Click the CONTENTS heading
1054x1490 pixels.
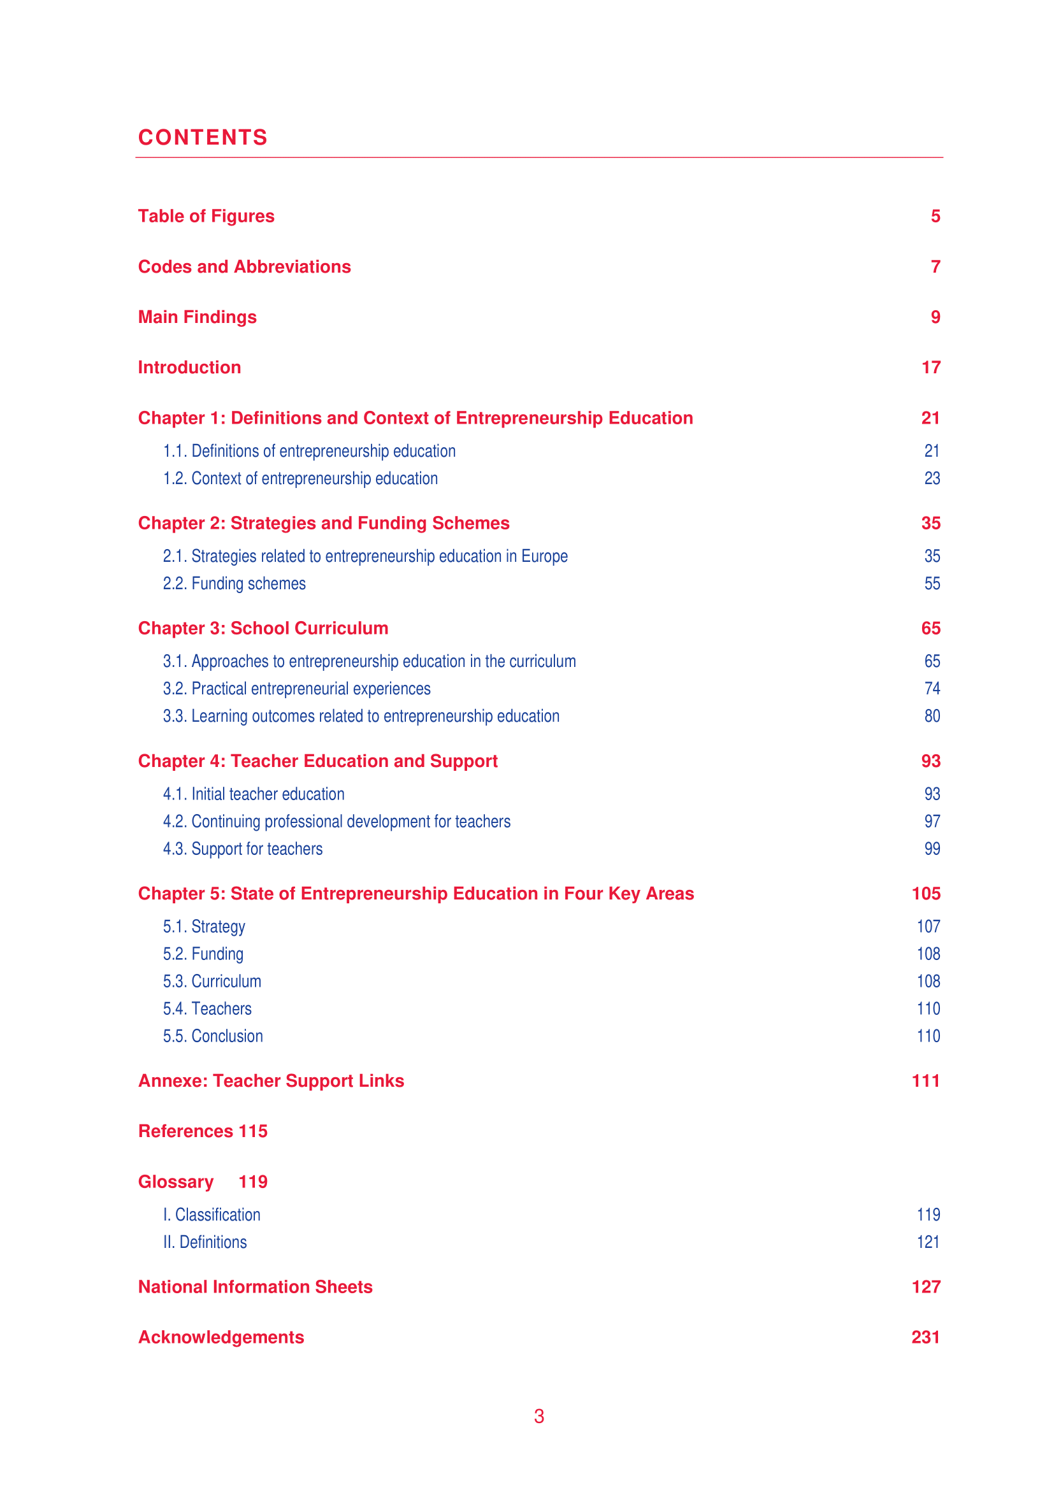(203, 138)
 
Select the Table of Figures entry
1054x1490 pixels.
(206, 216)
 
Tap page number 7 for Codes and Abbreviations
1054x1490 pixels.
(935, 267)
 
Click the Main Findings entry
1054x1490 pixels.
(198, 317)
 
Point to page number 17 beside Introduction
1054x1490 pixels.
(930, 368)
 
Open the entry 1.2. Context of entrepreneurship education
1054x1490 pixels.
(300, 478)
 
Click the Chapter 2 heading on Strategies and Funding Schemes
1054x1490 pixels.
(323, 523)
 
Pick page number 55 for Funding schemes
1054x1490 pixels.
(932, 584)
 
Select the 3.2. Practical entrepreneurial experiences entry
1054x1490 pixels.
(296, 689)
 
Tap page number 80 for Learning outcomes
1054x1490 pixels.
(932, 716)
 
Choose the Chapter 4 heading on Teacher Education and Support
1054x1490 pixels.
(317, 761)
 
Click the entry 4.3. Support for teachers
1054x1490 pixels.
(243, 849)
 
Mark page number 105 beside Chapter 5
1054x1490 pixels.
(925, 894)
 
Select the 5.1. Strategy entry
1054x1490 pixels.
(204, 927)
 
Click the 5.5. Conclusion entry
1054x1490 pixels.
(213, 1036)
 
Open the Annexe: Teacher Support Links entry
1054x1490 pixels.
(271, 1080)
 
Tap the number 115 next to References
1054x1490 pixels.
(253, 1131)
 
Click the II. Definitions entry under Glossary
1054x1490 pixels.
(205, 1242)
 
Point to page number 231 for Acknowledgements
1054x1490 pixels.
(925, 1337)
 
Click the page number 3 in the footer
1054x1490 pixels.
(538, 1416)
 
